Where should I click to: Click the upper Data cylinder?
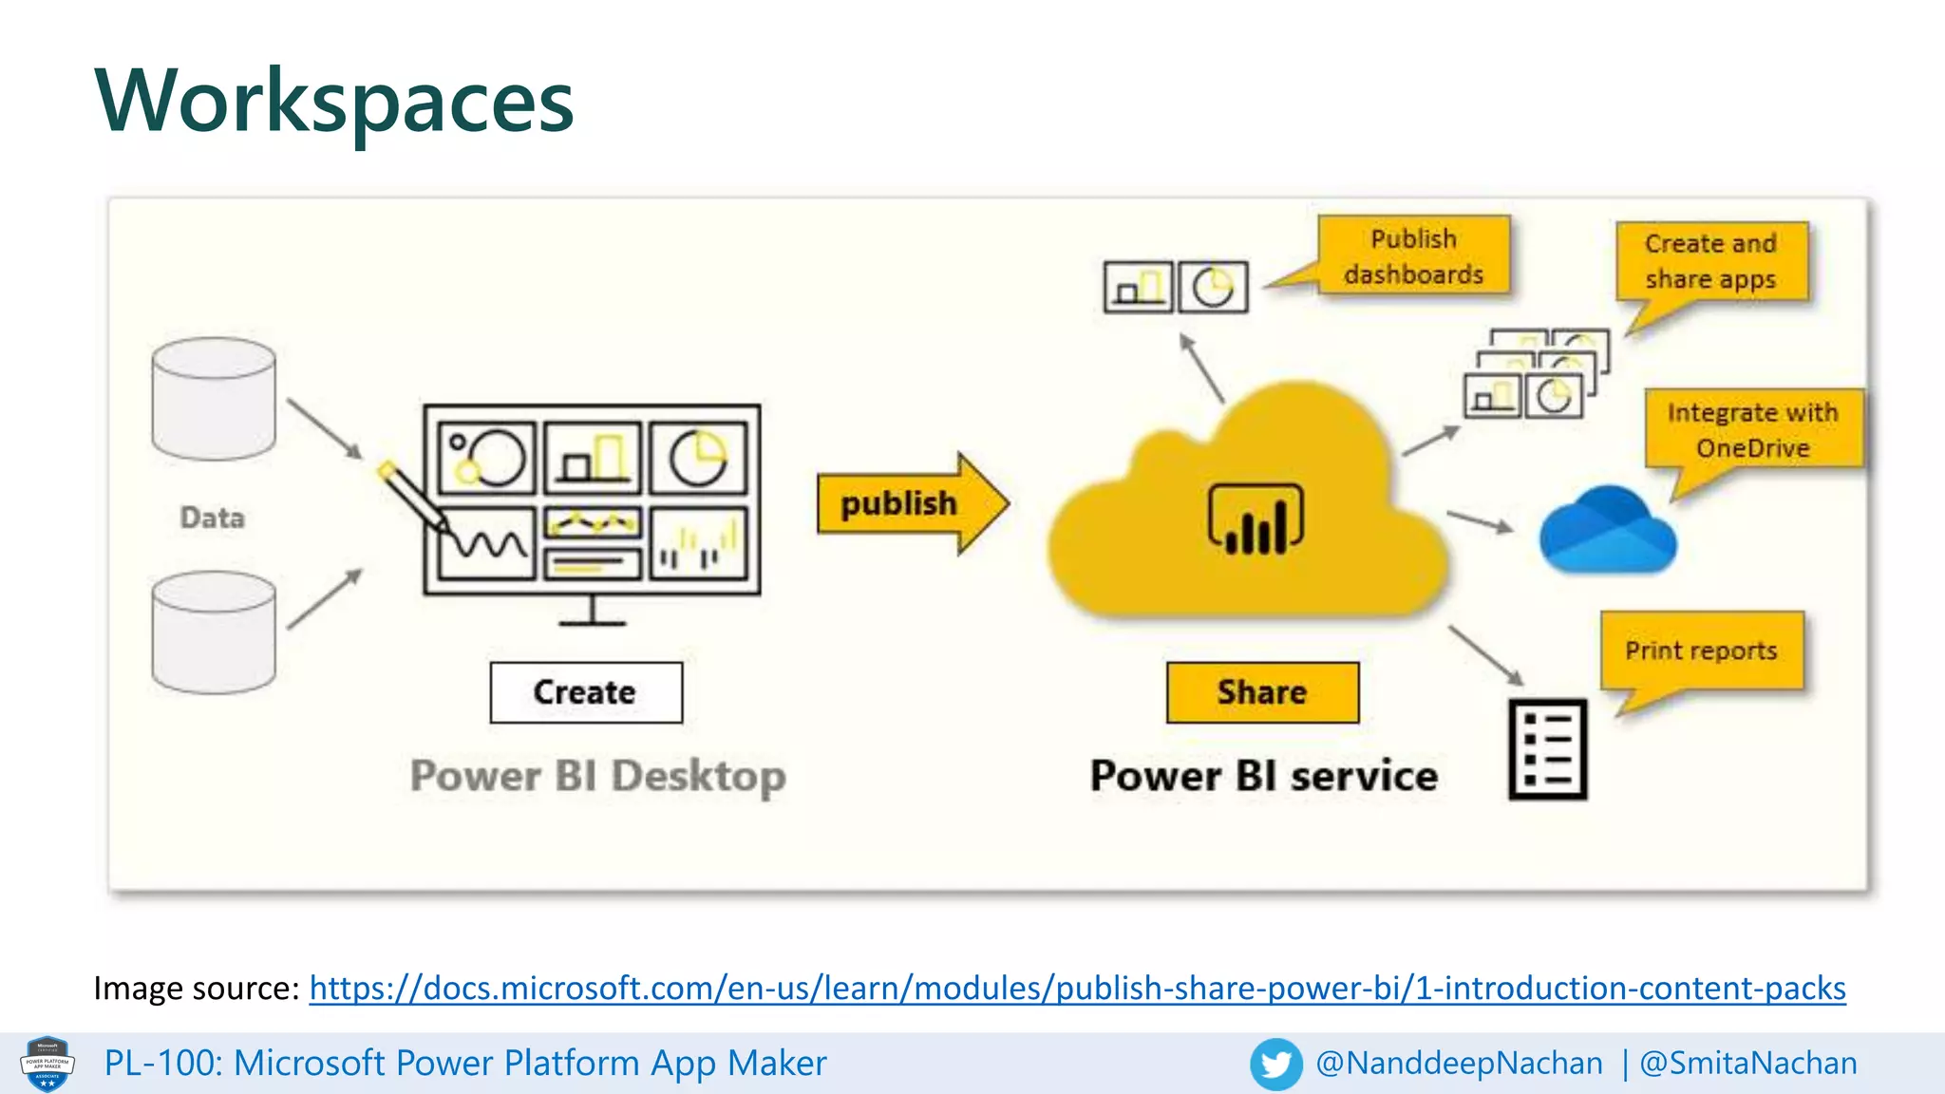click(x=214, y=399)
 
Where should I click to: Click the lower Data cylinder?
click(x=214, y=632)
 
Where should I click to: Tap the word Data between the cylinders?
click(x=213, y=518)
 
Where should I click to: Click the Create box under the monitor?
click(x=586, y=692)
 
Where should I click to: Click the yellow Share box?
click(x=1262, y=692)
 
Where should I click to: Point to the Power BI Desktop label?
click(x=597, y=776)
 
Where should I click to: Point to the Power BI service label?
click(x=1263, y=776)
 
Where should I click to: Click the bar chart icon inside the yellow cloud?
click(x=1256, y=520)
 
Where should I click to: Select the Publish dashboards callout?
click(x=1413, y=255)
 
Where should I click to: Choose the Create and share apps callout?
click(x=1711, y=261)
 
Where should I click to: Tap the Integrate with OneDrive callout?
click(x=1753, y=430)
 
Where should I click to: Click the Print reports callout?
click(x=1701, y=651)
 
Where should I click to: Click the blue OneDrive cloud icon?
click(x=1607, y=532)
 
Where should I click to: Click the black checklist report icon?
click(x=1548, y=750)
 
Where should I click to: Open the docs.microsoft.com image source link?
click(x=1077, y=989)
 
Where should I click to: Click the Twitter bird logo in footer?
click(x=1275, y=1064)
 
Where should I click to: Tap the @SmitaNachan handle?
click(x=1748, y=1064)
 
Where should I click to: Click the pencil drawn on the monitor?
click(x=414, y=496)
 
